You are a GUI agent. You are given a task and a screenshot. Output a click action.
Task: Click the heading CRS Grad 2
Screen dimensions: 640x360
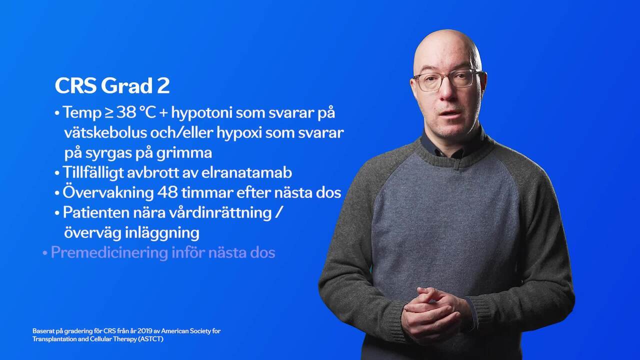112,85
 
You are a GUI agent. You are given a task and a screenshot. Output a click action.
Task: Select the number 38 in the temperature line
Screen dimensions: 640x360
126,112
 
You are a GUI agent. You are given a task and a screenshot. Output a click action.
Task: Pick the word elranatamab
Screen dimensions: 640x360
247,172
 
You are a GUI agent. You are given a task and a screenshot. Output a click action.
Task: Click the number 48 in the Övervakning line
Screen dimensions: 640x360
167,192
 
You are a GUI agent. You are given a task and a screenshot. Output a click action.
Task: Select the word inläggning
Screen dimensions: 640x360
162,233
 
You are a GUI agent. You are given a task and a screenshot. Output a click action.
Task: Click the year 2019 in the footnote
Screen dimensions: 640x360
145,331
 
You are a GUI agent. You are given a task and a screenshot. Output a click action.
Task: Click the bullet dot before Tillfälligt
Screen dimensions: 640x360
57,173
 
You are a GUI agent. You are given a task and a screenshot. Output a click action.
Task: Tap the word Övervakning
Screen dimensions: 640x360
108,192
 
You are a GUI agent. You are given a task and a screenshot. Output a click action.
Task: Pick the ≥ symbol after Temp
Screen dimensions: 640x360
108,113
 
